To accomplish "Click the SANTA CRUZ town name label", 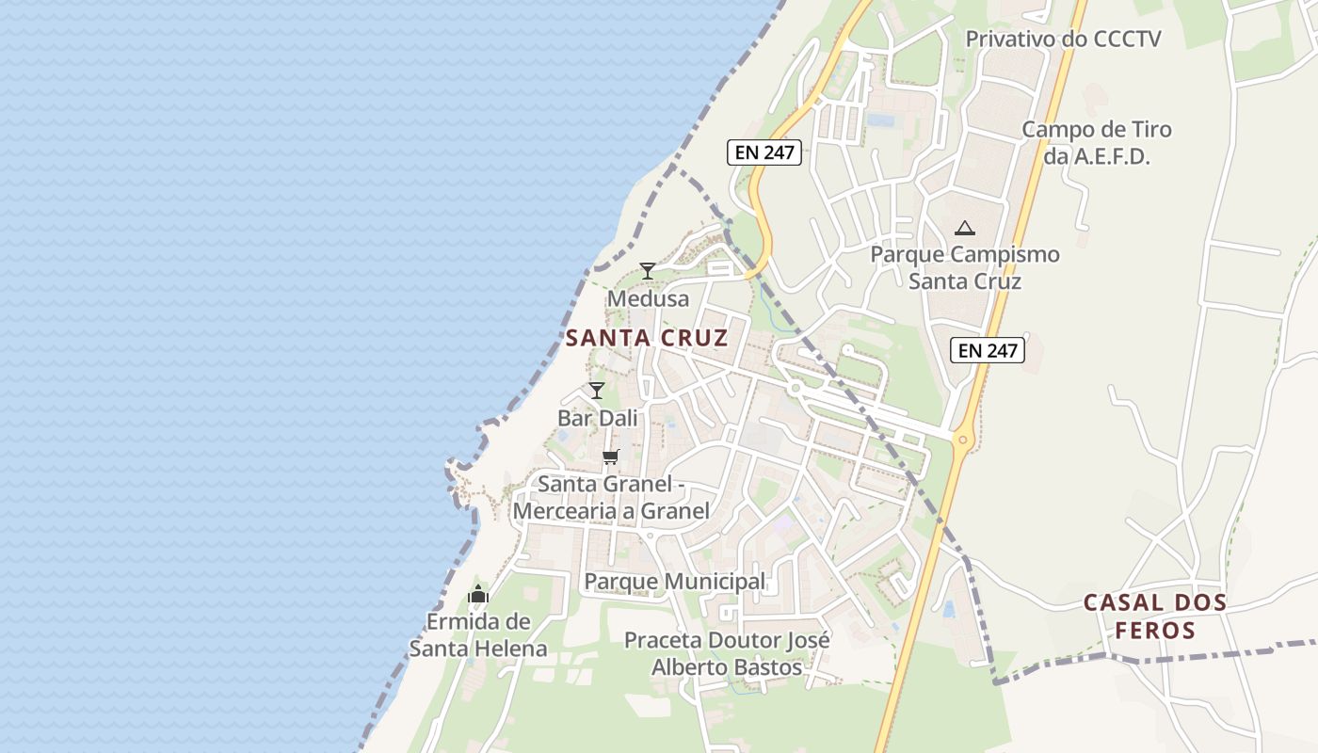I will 647,338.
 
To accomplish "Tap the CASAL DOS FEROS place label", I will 1155,617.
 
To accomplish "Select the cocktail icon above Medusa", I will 648,271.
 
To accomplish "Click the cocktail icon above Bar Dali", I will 597,391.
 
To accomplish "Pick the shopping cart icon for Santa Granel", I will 611,457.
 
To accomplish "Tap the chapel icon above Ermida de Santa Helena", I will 478,594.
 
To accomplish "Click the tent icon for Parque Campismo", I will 964,228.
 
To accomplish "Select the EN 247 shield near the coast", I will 763,152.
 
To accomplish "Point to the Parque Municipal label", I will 675,582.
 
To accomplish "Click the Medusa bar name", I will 648,299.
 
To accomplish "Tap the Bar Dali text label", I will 597,418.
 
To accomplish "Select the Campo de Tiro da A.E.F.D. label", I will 1097,143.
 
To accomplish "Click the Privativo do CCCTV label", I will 1064,40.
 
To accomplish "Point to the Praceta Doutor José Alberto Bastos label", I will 728,654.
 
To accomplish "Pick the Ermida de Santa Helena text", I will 478,635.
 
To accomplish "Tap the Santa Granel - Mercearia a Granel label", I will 611,498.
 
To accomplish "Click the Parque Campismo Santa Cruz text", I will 965,268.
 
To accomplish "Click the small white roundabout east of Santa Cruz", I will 796,387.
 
